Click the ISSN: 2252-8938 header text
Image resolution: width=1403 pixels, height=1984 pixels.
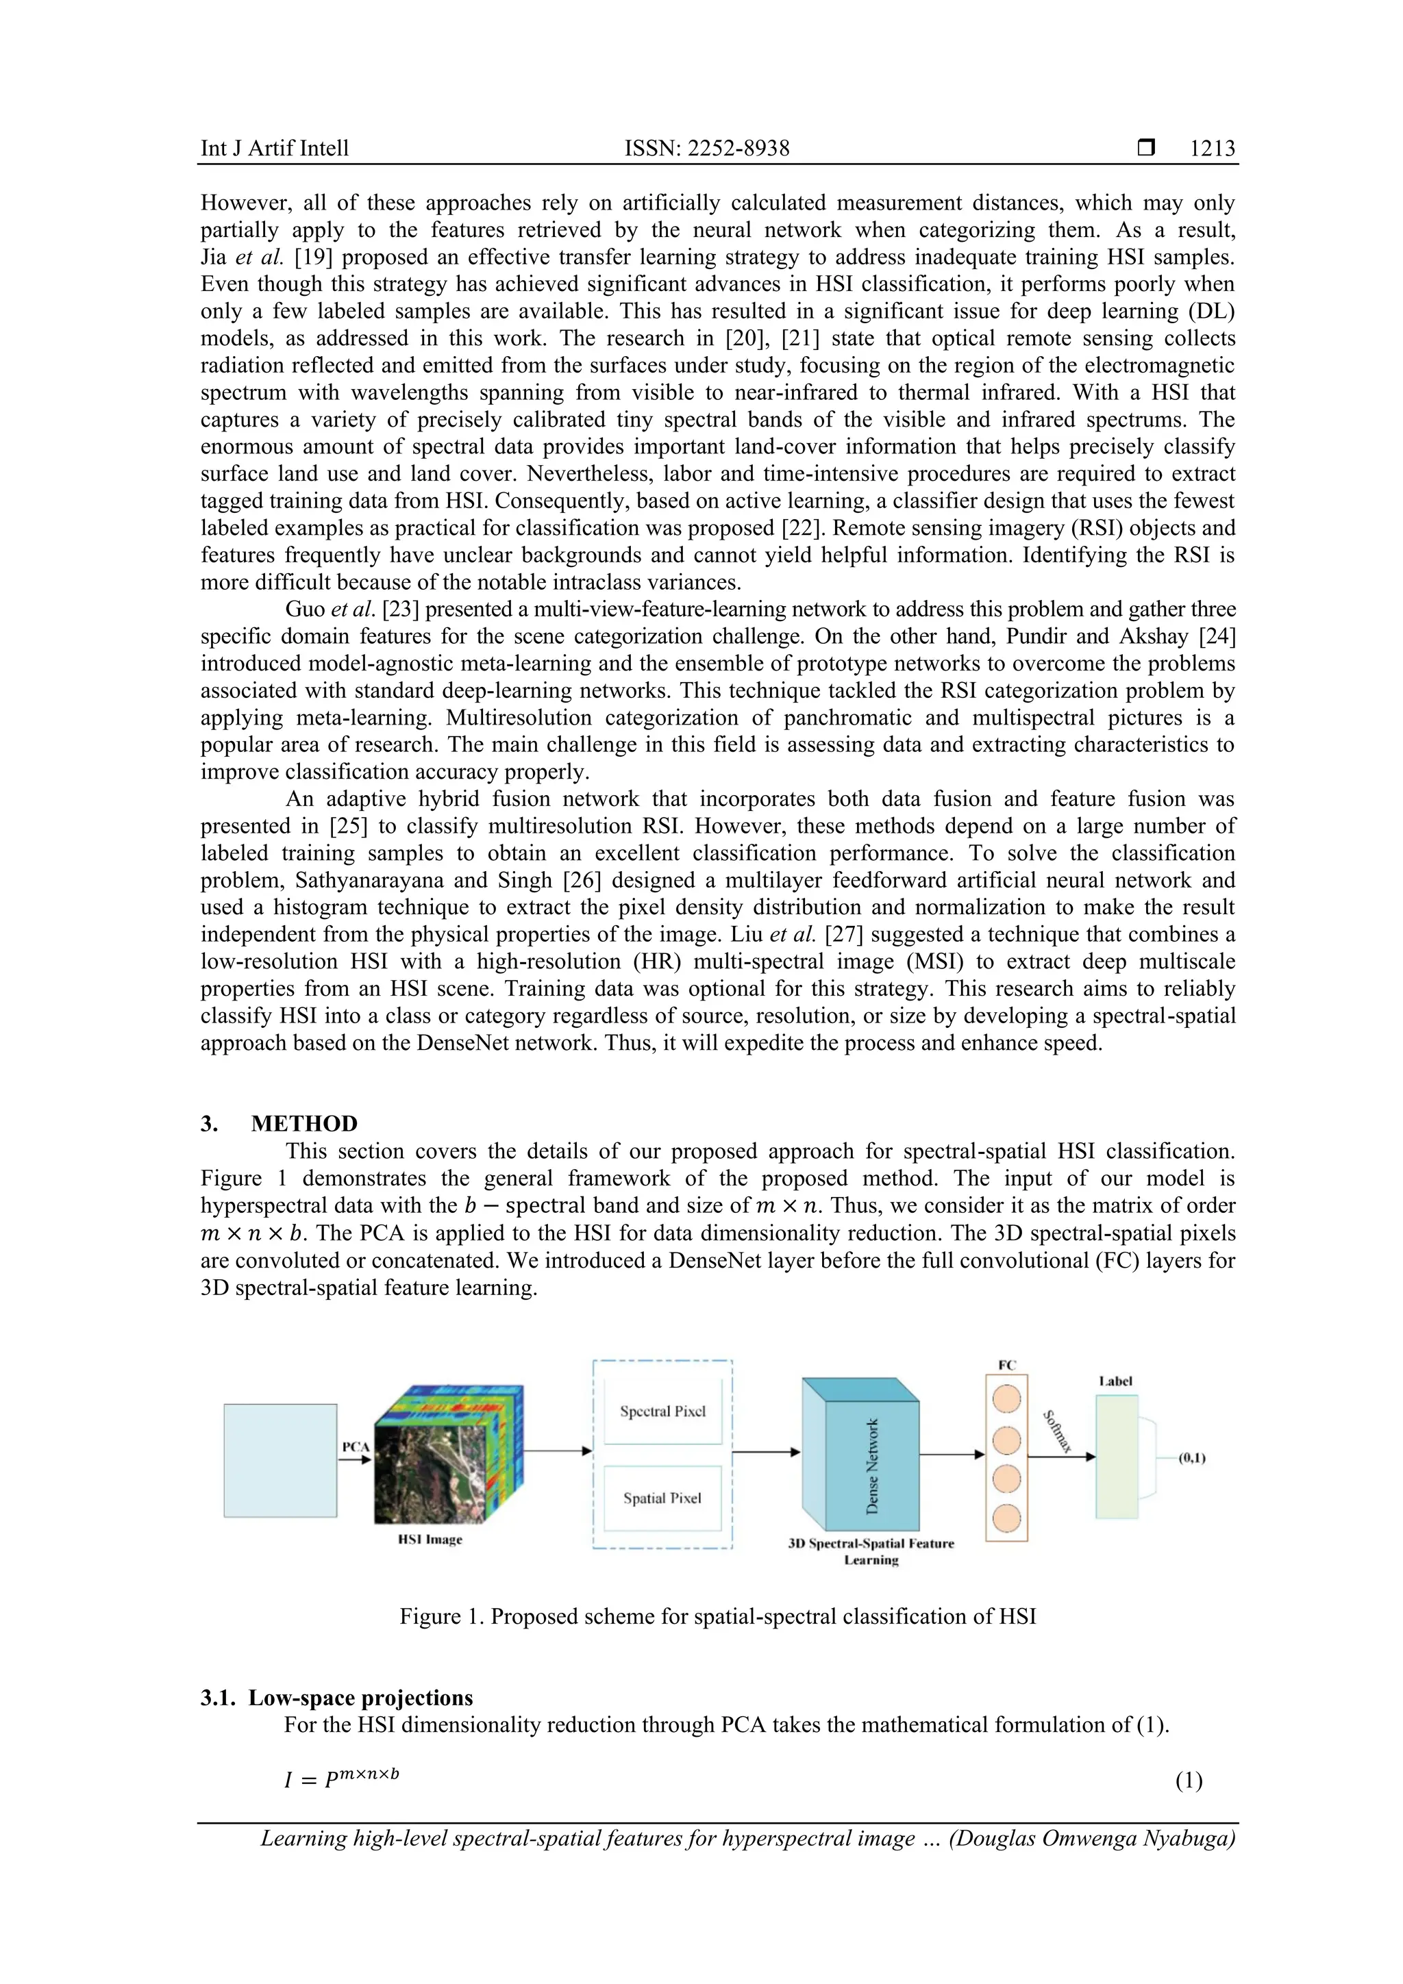coord(707,149)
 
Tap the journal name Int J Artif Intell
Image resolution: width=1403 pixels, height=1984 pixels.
coord(275,149)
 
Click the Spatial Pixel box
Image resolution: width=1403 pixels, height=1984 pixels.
coord(662,1498)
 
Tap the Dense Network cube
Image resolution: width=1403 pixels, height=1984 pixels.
coord(871,1466)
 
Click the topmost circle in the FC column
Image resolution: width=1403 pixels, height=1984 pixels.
coord(1007,1398)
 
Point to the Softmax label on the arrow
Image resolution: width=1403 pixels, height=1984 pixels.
coord(1058,1432)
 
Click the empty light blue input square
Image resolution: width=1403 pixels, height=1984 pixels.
coord(280,1460)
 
